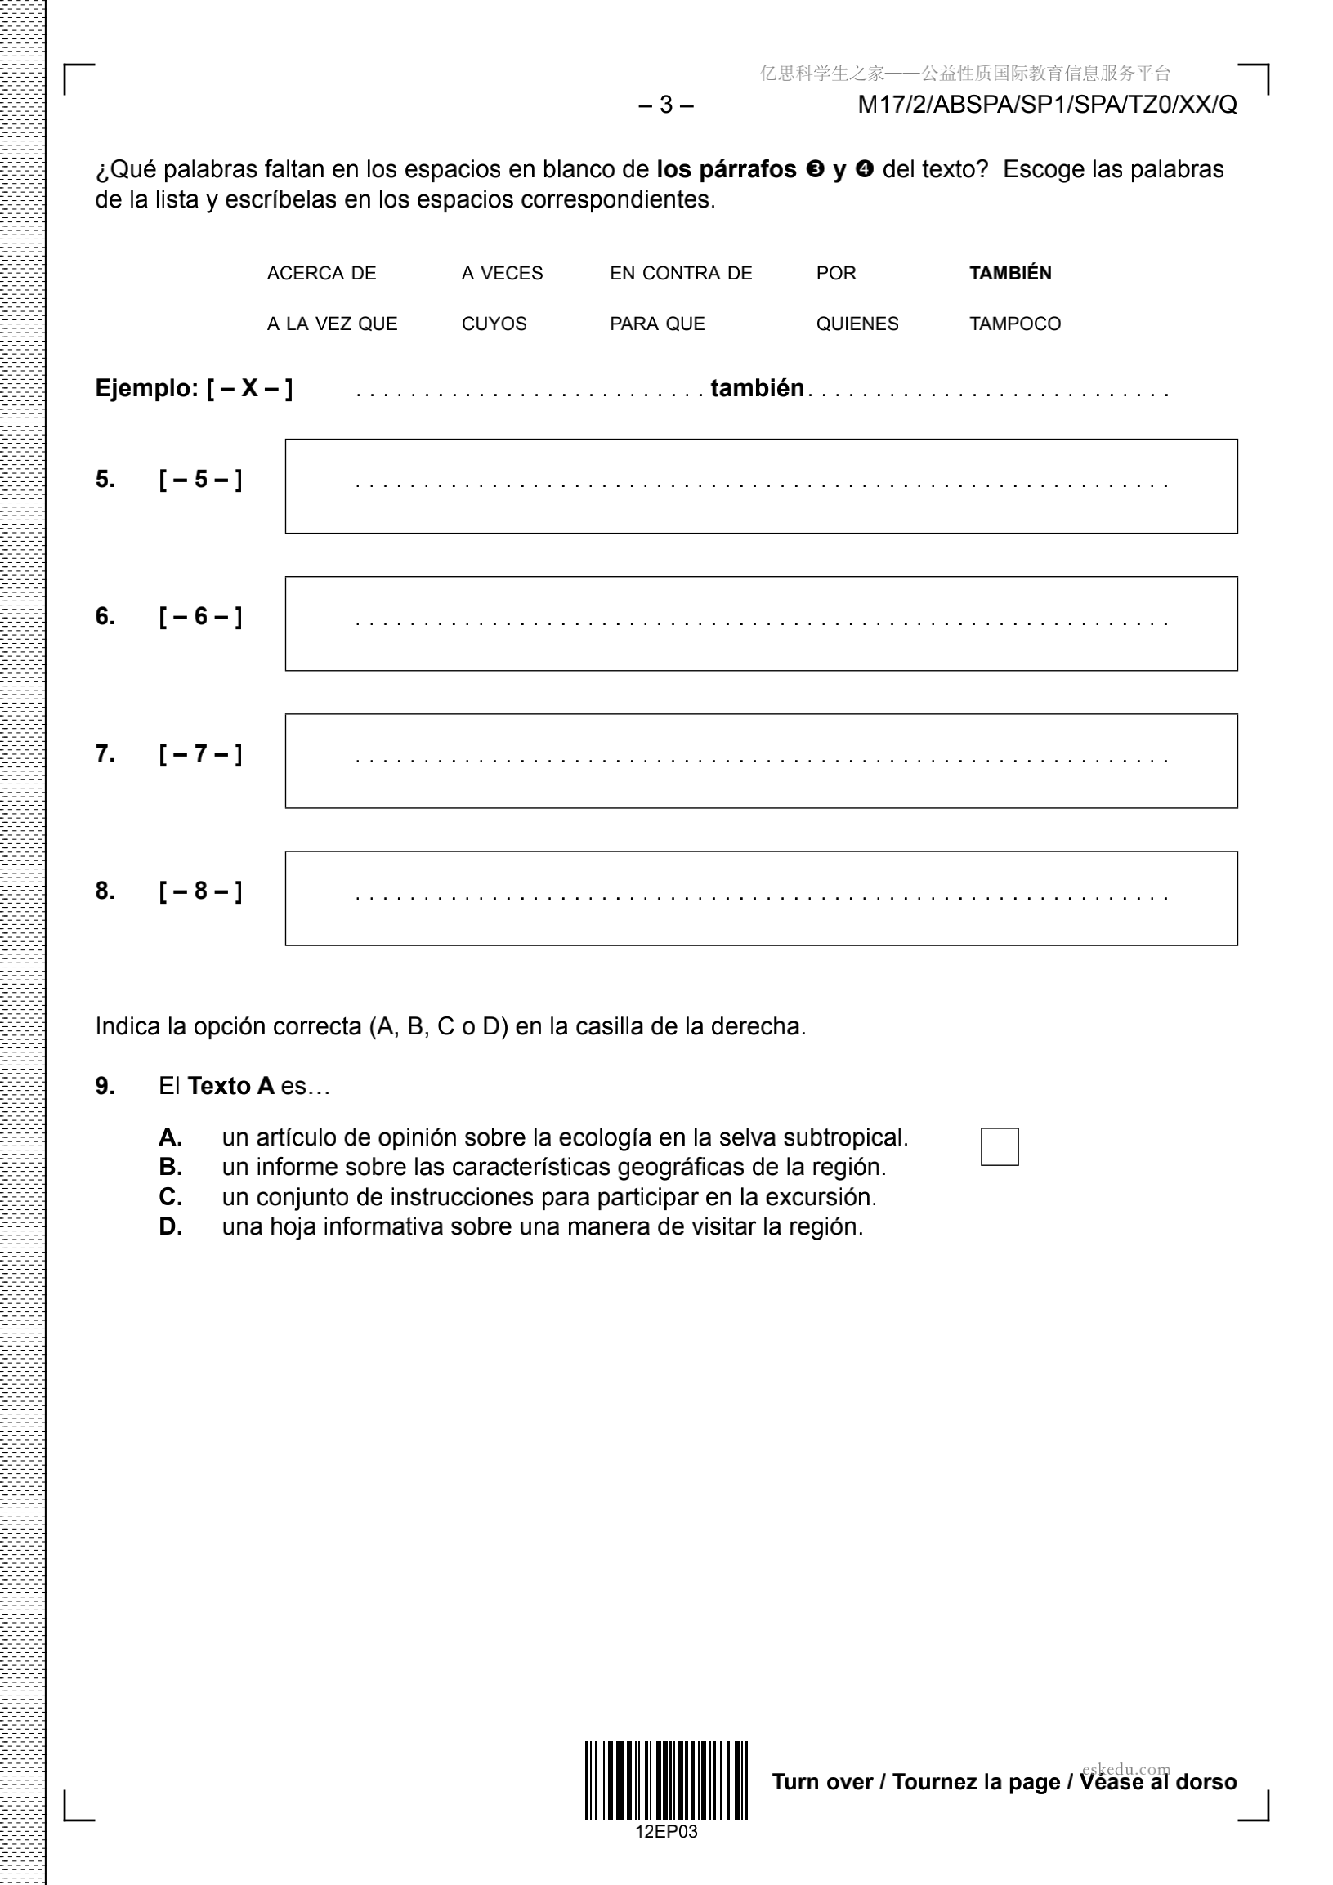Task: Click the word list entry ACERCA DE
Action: pyautogui.click(x=321, y=274)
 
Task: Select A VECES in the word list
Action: pyautogui.click(x=502, y=274)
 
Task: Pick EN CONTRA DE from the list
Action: pyautogui.click(x=680, y=274)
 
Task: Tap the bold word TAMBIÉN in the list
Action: pyautogui.click(x=1009, y=274)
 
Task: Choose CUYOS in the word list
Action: pyautogui.click(x=494, y=324)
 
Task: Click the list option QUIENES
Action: pyautogui.click(x=857, y=324)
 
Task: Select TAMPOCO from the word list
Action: pyautogui.click(x=1014, y=324)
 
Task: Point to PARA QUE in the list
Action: pyautogui.click(x=656, y=324)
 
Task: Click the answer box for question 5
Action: pyautogui.click(x=761, y=486)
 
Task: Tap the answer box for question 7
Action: pyautogui.click(x=761, y=761)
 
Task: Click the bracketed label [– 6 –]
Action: pyautogui.click(x=200, y=617)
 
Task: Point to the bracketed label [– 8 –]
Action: pyautogui.click(x=200, y=891)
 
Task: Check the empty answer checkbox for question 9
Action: pyautogui.click(x=999, y=1146)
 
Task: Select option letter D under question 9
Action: pyautogui.click(x=170, y=1226)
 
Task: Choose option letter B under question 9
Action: pyautogui.click(x=170, y=1167)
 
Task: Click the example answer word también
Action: pyautogui.click(x=757, y=388)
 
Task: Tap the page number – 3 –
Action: pyautogui.click(x=665, y=105)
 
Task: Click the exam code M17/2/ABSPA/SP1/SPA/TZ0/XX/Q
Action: pyautogui.click(x=1046, y=105)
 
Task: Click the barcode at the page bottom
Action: pyautogui.click(x=665, y=1780)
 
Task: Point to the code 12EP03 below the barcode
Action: pyautogui.click(x=665, y=1832)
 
